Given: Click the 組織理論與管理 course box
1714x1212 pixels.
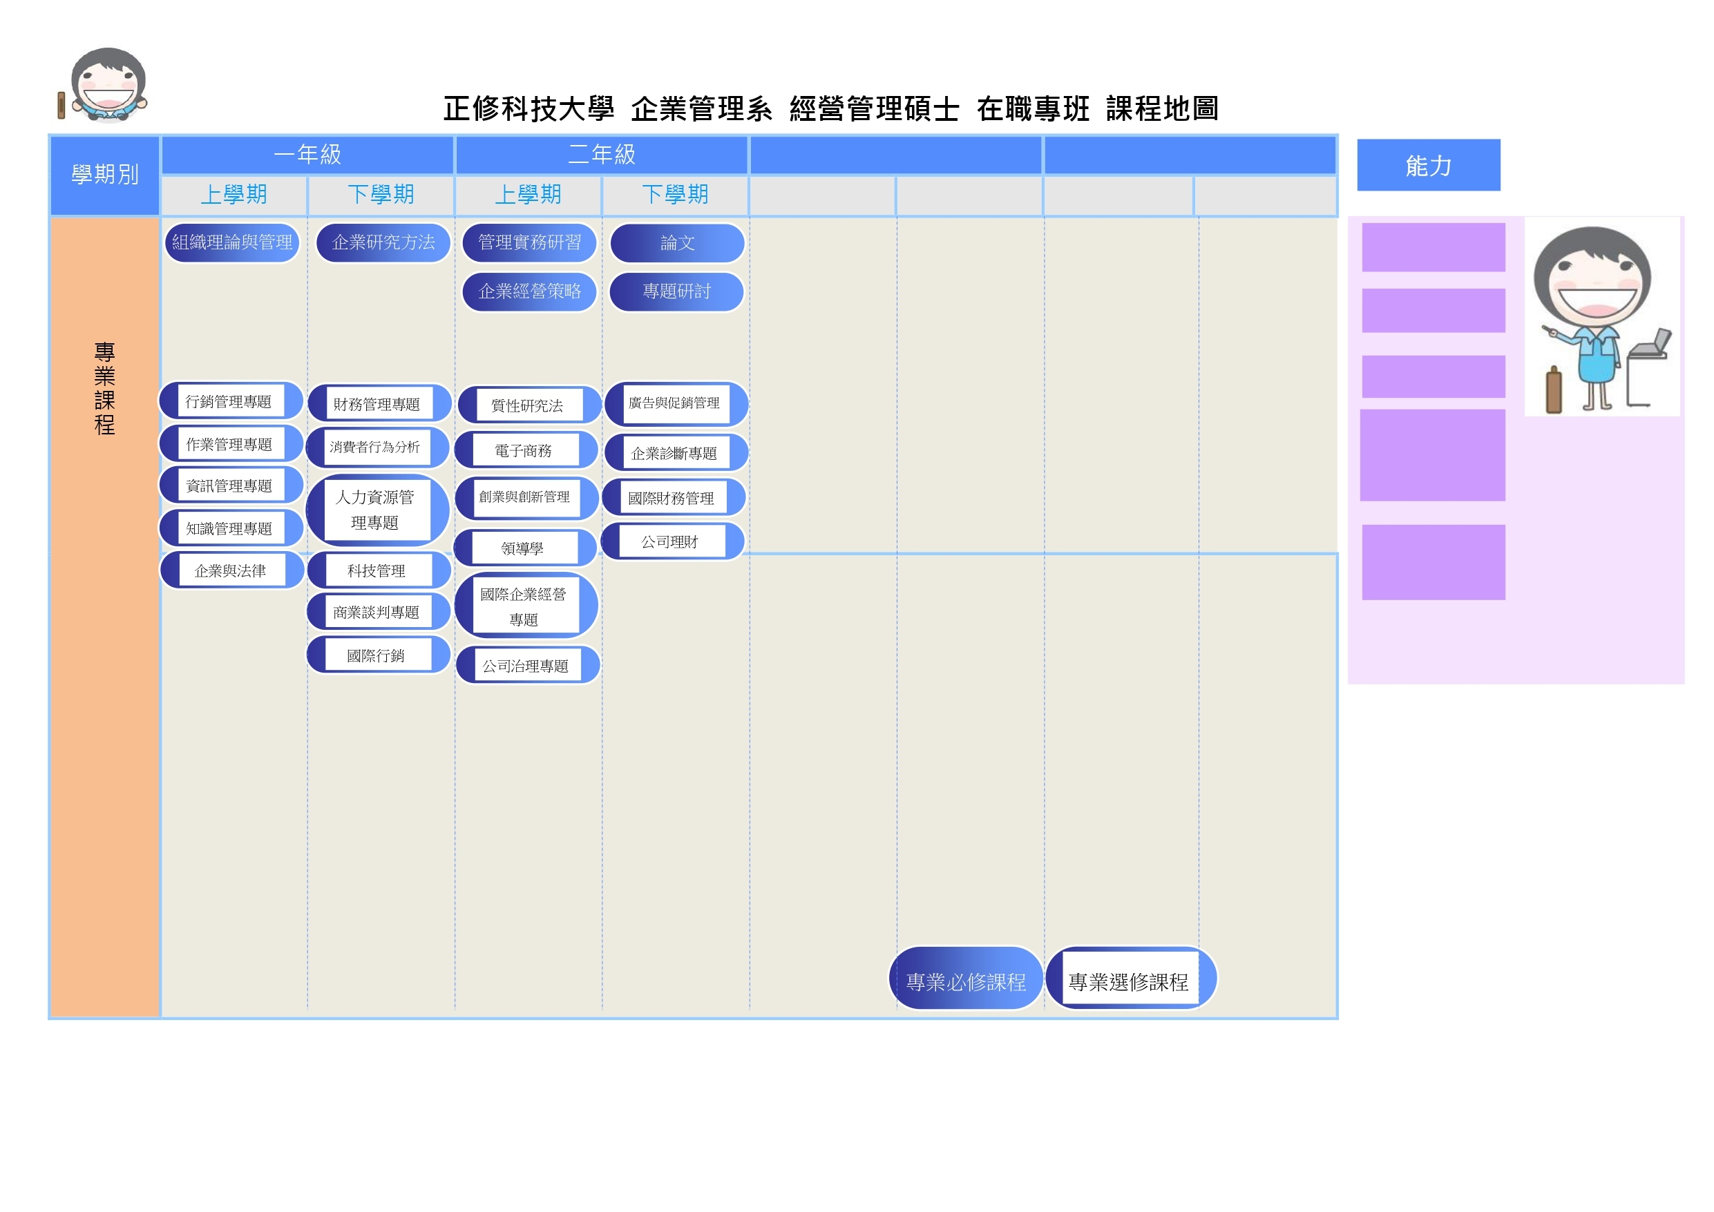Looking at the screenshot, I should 232,242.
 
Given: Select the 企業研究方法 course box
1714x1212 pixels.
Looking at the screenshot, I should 383,242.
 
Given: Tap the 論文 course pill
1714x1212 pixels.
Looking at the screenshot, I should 677,243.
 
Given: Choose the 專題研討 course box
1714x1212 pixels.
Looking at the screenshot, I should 676,291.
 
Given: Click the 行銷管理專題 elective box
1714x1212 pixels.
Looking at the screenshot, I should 229,401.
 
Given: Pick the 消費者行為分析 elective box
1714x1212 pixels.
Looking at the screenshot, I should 376,447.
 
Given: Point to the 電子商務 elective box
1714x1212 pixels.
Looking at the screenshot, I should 524,451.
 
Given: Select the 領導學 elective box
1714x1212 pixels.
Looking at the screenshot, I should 522,548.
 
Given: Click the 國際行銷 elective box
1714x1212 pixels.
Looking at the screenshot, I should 377,655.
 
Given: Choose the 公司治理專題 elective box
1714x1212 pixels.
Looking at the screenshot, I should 526,666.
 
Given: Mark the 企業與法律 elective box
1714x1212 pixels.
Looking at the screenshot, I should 231,571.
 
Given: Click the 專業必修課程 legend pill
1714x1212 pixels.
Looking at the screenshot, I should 966,981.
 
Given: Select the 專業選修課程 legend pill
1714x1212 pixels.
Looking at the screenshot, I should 1129,981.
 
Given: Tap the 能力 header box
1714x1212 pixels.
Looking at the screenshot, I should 1428,165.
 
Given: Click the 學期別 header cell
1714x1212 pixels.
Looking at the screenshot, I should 105,175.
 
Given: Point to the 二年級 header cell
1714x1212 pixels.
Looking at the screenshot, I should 602,155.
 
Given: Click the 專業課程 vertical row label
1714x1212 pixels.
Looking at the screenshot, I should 105,388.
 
